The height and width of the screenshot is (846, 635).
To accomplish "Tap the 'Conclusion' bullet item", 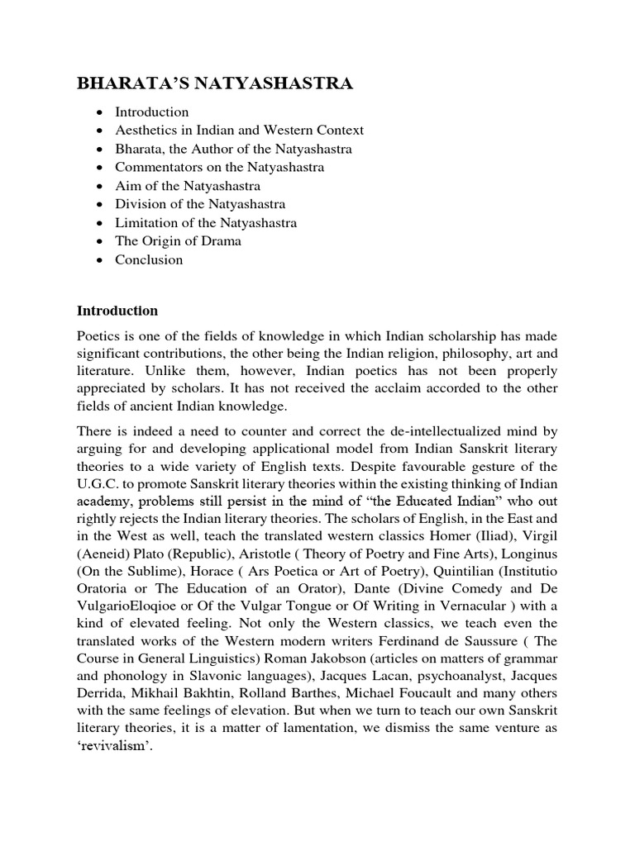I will pos(149,259).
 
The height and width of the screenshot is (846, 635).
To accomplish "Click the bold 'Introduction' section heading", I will pos(117,311).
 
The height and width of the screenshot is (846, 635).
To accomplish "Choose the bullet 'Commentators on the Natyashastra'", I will pos(208,167).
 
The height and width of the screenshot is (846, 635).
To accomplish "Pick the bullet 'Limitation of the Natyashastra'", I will pos(206,222).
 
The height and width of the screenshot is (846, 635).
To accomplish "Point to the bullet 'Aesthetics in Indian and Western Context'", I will pos(239,130).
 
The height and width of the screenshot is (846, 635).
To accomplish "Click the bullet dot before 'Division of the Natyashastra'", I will pos(100,204).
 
